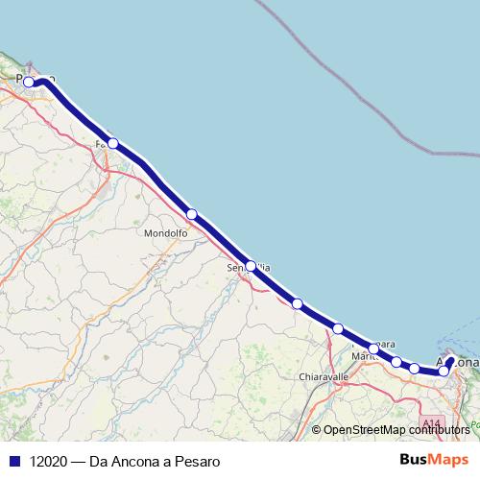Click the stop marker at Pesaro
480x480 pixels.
pyautogui.click(x=30, y=83)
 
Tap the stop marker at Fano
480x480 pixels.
pyautogui.click(x=113, y=143)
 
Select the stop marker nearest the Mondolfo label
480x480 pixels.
pyautogui.click(x=192, y=214)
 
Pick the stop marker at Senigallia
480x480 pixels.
pyautogui.click(x=251, y=265)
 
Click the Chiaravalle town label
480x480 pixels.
pyautogui.click(x=323, y=377)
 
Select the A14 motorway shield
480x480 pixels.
pyautogui.click(x=431, y=422)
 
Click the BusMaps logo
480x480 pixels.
pyautogui.click(x=436, y=460)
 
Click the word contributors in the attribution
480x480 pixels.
pyautogui.click(x=444, y=430)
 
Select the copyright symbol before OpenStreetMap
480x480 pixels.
pyautogui.click(x=317, y=430)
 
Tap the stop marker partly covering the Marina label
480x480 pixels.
pyautogui.click(x=373, y=348)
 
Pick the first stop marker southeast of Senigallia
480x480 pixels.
pyautogui.click(x=298, y=303)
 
